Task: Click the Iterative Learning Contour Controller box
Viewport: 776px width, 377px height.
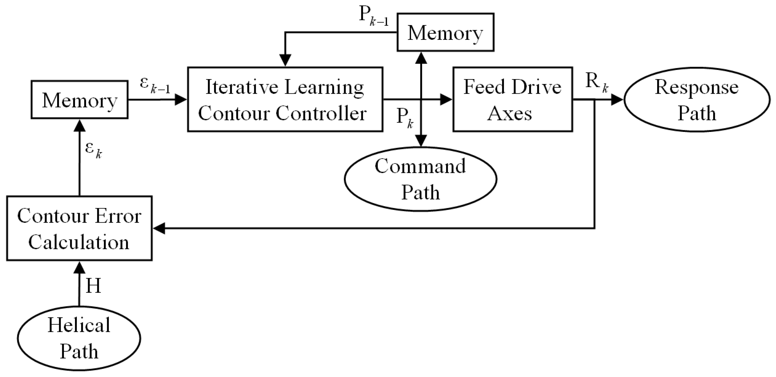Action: tap(285, 99)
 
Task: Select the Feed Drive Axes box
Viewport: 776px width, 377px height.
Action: tap(512, 99)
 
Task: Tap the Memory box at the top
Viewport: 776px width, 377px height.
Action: tap(445, 32)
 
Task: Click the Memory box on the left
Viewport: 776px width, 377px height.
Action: tap(80, 100)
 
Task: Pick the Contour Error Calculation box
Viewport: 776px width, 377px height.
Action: tap(79, 228)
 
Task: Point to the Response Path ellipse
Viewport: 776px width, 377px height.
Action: tap(697, 100)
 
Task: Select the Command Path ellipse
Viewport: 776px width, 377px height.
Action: tap(420, 179)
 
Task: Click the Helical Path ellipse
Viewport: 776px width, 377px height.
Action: tap(79, 338)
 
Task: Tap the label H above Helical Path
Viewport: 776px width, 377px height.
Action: tap(93, 286)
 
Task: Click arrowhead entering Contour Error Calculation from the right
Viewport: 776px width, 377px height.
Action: tap(159, 228)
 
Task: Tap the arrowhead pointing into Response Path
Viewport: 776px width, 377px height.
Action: tap(617, 100)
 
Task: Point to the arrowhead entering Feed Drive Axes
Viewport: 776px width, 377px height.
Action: tap(446, 99)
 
